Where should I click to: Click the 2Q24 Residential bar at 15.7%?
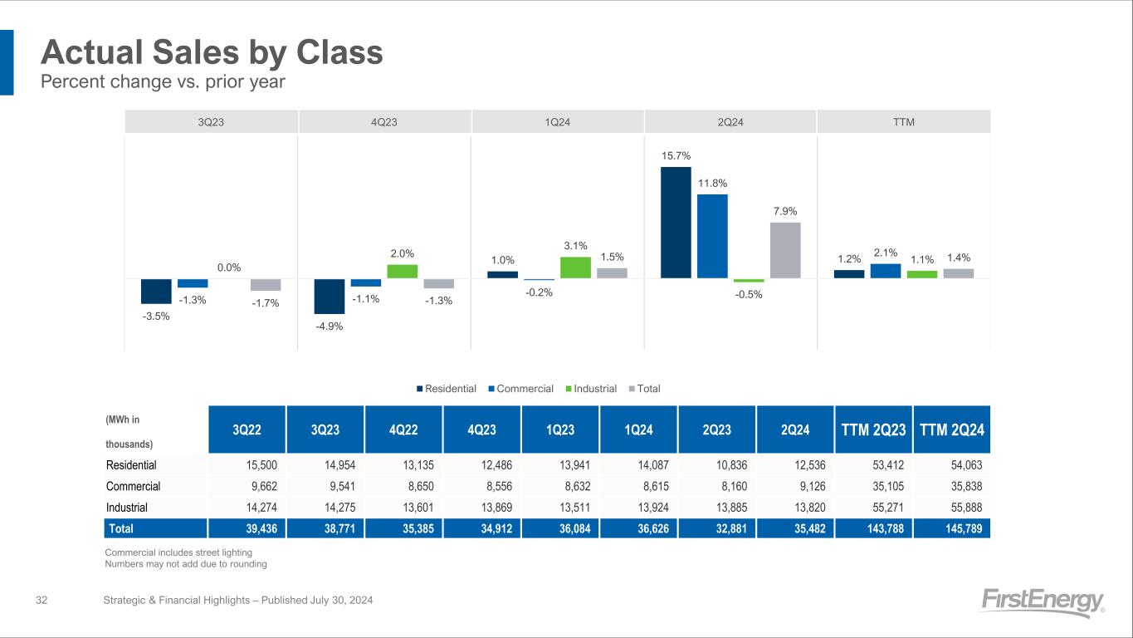676,223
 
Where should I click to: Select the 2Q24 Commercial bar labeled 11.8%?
712,236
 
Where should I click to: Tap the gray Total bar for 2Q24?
785,250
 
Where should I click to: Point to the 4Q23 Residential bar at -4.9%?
329,296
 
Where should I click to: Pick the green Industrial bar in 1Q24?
575,267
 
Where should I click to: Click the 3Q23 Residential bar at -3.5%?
156,291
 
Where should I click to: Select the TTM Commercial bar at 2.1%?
885,271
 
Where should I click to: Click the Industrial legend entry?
590,389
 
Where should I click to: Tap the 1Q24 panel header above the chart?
558,122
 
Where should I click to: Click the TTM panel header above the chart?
904,122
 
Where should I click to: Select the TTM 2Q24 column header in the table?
951,430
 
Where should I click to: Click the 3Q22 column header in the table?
247,430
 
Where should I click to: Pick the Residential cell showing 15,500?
247,465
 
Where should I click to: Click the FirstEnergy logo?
1042,602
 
